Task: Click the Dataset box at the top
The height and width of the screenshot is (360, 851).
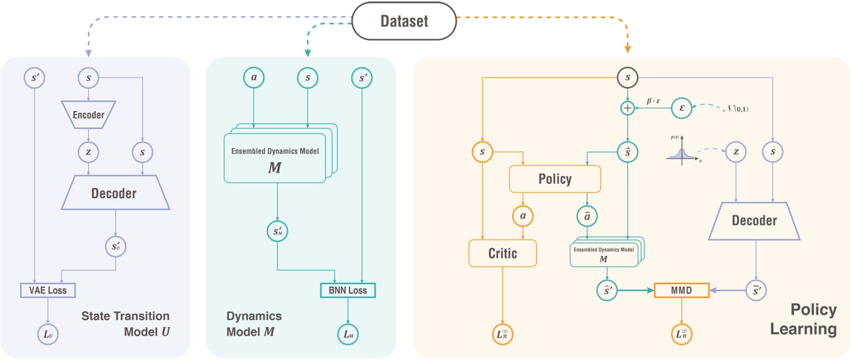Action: [404, 21]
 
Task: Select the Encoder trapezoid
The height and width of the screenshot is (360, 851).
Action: [88, 115]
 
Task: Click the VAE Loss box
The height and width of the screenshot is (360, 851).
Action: [48, 290]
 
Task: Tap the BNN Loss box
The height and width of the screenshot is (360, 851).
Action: [348, 290]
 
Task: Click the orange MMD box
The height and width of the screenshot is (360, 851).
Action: [681, 290]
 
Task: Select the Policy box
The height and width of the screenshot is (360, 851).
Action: [555, 179]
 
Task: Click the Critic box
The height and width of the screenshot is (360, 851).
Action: [502, 253]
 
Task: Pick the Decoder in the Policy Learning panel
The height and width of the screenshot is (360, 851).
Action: [754, 221]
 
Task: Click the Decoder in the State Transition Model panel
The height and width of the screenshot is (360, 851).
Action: [115, 193]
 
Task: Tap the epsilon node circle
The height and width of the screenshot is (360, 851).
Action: [681, 108]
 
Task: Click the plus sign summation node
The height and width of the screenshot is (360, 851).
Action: [628, 108]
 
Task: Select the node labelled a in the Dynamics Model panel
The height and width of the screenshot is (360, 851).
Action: [254, 77]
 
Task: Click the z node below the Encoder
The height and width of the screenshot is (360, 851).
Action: [88, 152]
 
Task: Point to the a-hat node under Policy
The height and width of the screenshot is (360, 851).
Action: [587, 216]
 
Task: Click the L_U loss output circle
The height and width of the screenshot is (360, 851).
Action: [48, 334]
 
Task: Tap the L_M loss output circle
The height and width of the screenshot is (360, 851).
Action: [348, 334]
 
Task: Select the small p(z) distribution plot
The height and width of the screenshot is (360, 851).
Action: [682, 151]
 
